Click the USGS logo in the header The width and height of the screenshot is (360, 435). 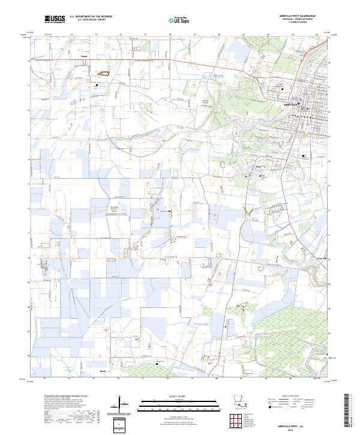[55, 19]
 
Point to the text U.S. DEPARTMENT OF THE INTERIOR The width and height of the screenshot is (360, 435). [91, 17]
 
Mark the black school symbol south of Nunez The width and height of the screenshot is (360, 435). [97, 86]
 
